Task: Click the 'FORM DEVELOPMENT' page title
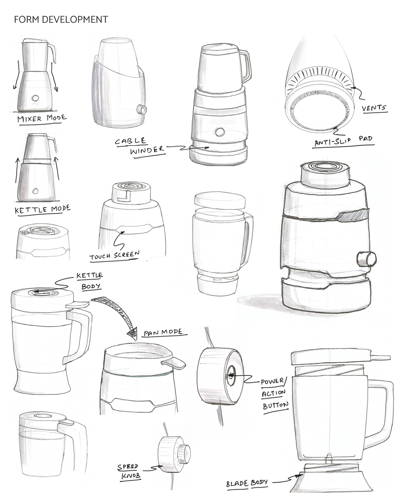61,19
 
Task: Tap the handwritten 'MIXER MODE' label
42,118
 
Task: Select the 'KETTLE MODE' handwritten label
42,209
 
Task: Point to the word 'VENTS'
374,108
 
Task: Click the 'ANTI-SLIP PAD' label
343,141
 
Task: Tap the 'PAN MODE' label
163,332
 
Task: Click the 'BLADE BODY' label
247,483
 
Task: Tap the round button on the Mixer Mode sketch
36,98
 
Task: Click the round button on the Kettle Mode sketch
35,191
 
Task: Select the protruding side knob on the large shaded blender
367,259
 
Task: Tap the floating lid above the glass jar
220,200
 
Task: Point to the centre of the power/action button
231,376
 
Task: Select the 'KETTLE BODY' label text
89,281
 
